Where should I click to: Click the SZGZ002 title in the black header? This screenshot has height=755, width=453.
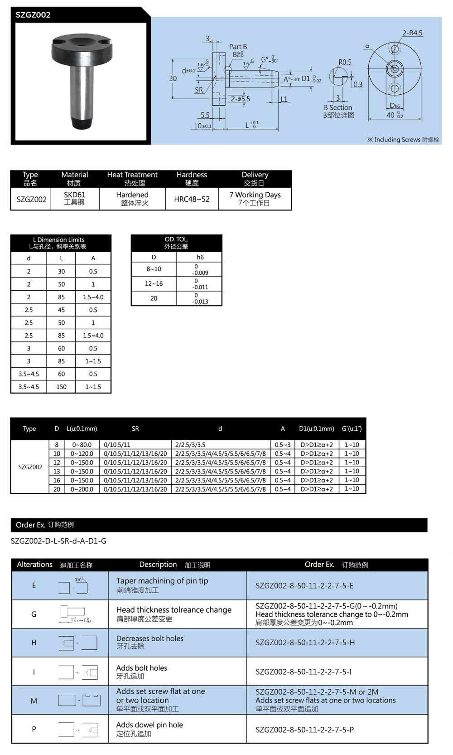(33, 15)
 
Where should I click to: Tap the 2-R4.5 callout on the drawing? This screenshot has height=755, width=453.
(412, 33)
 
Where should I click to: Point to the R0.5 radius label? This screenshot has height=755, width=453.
(345, 62)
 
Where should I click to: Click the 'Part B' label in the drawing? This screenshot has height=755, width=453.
(238, 47)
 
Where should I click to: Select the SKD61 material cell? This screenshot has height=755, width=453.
(74, 198)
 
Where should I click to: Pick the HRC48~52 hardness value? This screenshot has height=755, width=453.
(192, 199)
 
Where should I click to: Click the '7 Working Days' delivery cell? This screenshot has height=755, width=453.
(255, 198)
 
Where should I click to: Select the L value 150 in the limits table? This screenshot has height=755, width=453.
(61, 387)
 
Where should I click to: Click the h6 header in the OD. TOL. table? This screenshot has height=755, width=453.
(200, 257)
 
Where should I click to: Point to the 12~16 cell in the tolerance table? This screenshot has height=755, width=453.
(154, 283)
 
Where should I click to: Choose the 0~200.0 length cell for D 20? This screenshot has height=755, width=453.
(82, 489)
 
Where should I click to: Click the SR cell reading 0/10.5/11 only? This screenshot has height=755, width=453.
(117, 445)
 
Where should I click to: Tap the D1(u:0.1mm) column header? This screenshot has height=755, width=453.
(316, 429)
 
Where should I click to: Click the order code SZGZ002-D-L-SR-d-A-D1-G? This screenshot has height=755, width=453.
(58, 541)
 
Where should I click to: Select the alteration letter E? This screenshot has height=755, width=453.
(34, 585)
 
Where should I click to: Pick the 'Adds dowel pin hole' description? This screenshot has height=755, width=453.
(149, 725)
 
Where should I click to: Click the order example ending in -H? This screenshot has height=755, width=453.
(305, 643)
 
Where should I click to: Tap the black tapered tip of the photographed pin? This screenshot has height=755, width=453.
(82, 122)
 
